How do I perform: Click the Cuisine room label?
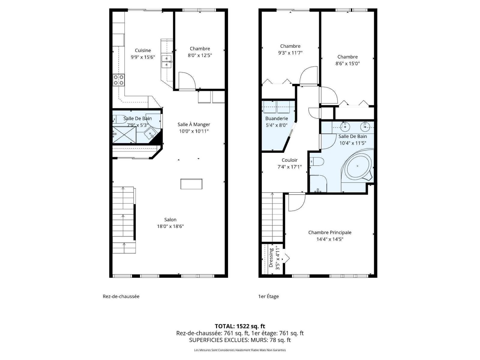click(143, 50)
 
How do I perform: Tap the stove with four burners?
click(119, 80)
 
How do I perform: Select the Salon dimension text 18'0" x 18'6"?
click(170, 226)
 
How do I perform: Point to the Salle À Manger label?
click(194, 124)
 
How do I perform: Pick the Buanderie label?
click(277, 118)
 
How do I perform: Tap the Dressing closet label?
click(271, 258)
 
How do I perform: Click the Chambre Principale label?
click(330, 232)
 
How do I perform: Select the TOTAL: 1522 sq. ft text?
click(240, 326)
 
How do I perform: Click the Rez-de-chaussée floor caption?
click(121, 296)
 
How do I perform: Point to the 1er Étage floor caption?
click(268, 296)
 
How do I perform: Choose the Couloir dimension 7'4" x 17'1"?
click(289, 167)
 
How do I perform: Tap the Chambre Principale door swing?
click(297, 202)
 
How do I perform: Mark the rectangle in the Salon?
click(191, 184)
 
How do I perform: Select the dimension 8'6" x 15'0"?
click(347, 64)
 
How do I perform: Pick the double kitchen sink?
click(167, 62)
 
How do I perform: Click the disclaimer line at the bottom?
click(240, 350)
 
